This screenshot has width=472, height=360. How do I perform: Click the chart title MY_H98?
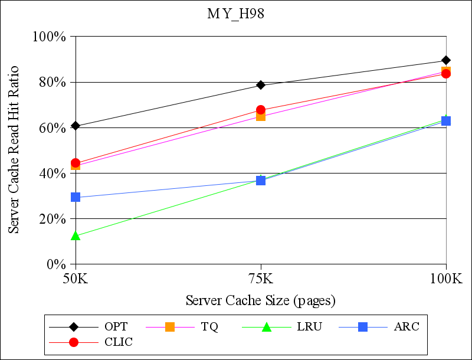coord(235,14)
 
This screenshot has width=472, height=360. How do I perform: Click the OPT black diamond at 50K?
coord(76,126)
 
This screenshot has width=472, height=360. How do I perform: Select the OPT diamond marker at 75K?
coord(261,85)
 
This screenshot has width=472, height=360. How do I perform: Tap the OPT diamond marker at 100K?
coord(446,60)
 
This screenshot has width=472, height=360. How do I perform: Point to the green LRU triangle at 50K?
coord(76,236)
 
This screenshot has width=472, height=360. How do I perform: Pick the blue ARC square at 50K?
coord(76,197)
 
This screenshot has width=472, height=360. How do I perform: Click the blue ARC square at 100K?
coord(446,121)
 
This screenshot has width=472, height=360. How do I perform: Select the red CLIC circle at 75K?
coord(261,110)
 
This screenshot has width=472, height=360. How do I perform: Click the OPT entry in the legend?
coord(116,326)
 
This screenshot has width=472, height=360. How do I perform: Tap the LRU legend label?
coord(309,326)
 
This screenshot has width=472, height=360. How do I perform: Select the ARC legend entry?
coord(407,326)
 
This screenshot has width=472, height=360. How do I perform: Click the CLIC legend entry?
coord(118,342)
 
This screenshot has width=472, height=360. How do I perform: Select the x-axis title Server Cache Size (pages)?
coord(261,300)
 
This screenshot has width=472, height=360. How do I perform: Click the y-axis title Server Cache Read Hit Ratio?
coord(14,149)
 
